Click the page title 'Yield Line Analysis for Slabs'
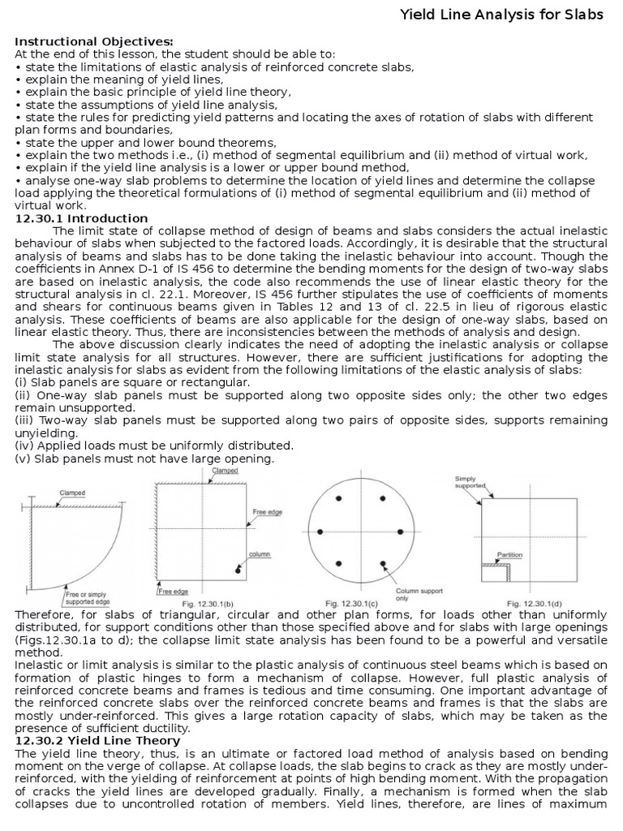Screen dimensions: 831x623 pos(503,15)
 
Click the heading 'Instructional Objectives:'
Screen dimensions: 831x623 pos(94,41)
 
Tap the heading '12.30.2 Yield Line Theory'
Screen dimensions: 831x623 pos(98,741)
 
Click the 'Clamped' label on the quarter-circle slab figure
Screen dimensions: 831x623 pos(72,493)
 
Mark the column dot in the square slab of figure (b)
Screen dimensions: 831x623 pos(237,572)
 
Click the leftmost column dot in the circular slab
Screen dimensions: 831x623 pos(320,532)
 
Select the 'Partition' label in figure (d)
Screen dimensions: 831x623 pos(511,555)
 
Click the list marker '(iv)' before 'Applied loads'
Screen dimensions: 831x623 pos(24,446)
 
